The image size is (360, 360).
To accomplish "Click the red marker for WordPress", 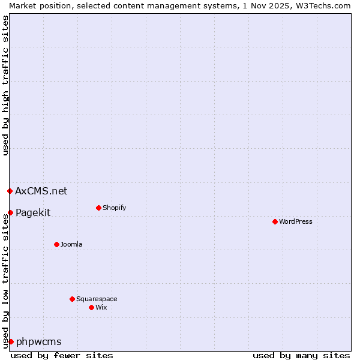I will click(x=275, y=221).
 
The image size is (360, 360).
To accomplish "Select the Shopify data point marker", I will click(x=98, y=208).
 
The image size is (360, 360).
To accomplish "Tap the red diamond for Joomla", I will click(x=56, y=244).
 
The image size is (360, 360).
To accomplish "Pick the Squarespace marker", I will click(x=72, y=299).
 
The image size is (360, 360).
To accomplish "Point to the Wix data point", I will click(x=91, y=307).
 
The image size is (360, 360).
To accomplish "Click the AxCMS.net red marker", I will click(x=10, y=191).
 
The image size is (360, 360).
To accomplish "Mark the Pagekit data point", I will click(x=10, y=212).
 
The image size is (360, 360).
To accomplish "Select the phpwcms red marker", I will click(x=11, y=341).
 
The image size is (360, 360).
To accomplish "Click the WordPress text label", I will click(x=295, y=221).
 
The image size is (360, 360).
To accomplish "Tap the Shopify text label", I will click(x=114, y=208).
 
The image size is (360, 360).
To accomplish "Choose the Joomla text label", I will click(x=71, y=244).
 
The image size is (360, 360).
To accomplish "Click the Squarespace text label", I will click(x=97, y=299).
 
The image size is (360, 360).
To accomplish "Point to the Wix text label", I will click(x=101, y=307).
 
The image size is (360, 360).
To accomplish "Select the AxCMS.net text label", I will click(x=41, y=191).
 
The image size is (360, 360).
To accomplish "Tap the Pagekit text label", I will click(x=33, y=212).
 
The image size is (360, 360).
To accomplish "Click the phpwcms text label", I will click(x=38, y=341).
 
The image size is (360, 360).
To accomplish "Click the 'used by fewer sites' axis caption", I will click(x=62, y=355).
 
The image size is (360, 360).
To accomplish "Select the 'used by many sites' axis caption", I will click(x=301, y=355).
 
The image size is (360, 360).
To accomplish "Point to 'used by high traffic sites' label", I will click(x=5, y=85).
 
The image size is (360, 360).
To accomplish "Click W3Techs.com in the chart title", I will click(x=321, y=5).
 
